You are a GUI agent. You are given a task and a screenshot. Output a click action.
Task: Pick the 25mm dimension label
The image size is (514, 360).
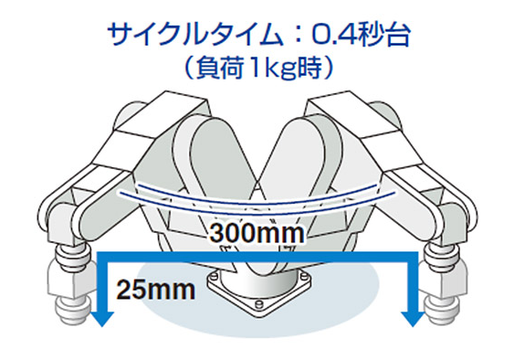pos(156,291)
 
